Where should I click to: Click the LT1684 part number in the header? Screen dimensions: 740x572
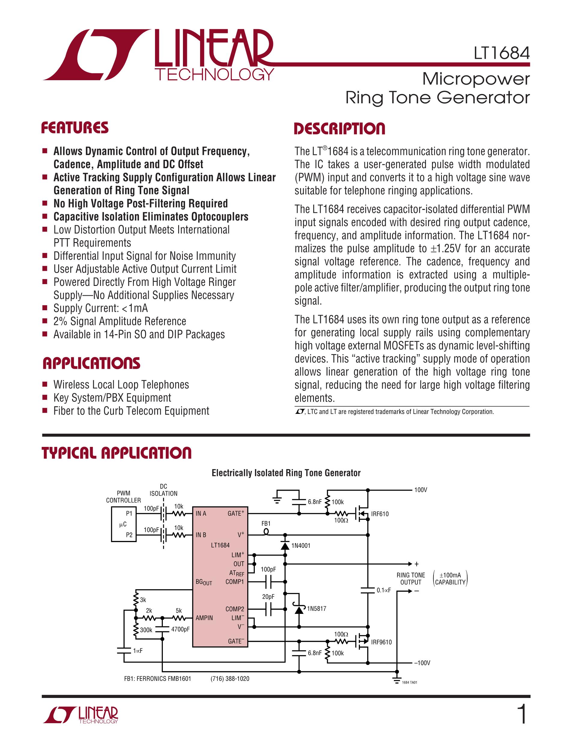coord(501,53)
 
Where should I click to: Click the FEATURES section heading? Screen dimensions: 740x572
coord(75,128)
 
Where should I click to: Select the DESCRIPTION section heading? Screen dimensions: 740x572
coord(339,129)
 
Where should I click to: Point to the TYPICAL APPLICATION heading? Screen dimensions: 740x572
coord(117,453)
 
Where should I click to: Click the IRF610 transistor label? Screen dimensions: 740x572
coord(379,514)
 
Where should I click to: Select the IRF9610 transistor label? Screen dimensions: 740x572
coord(381,642)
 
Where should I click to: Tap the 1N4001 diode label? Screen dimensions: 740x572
coord(301,545)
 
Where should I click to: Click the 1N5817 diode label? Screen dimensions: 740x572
coord(317,608)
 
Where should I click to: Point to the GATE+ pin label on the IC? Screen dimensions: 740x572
coord(236,513)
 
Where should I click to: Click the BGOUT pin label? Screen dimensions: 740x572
coord(204,582)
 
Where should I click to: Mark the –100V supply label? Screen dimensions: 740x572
coord(422,663)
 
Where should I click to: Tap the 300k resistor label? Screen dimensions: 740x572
coord(146,630)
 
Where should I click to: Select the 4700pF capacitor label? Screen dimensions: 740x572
coord(180,629)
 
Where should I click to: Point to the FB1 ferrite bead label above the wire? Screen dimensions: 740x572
coord(266,523)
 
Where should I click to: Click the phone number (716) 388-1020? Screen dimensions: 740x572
coord(230,679)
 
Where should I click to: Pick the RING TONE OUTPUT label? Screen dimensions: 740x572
coord(411,579)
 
